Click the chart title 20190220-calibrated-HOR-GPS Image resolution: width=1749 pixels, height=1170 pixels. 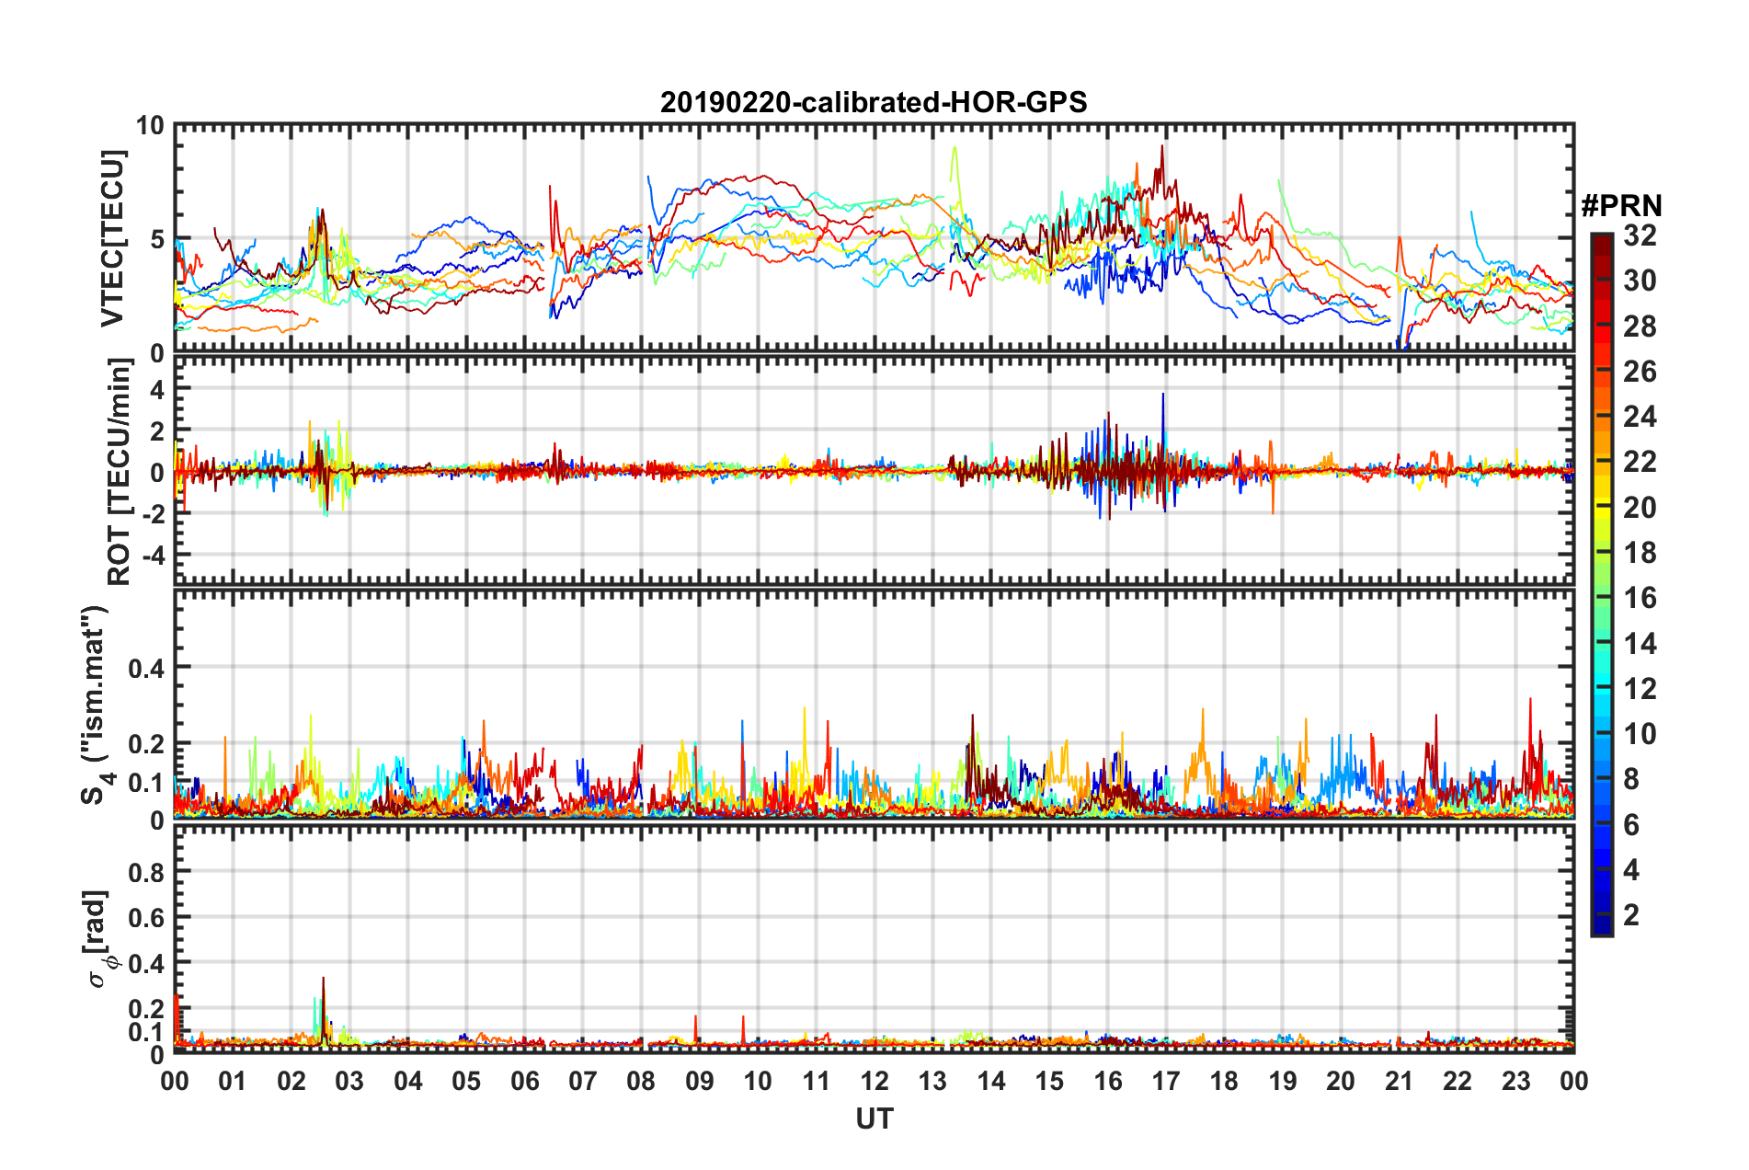(x=874, y=102)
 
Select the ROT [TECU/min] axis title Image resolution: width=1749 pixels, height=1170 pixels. (x=120, y=472)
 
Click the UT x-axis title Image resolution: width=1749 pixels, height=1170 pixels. (x=874, y=1118)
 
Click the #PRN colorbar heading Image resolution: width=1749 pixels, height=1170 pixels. (x=1621, y=206)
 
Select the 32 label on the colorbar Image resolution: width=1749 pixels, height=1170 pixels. (x=1640, y=235)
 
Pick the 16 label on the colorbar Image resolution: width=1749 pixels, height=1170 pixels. (x=1640, y=598)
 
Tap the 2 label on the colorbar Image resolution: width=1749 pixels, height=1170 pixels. (x=1631, y=914)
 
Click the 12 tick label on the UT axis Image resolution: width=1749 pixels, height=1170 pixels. (x=874, y=1081)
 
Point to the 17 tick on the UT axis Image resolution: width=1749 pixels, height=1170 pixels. (x=1166, y=1081)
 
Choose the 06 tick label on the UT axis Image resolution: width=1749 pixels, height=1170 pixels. (x=524, y=1081)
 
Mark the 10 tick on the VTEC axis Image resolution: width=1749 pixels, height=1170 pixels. (x=150, y=126)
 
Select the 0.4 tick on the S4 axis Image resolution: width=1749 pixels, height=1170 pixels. (x=145, y=668)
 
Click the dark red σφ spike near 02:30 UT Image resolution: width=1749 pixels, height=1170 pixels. (x=323, y=980)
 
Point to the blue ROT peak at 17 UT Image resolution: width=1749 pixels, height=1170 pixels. (x=1163, y=396)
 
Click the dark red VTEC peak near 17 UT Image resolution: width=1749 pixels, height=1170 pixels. (x=1162, y=147)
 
